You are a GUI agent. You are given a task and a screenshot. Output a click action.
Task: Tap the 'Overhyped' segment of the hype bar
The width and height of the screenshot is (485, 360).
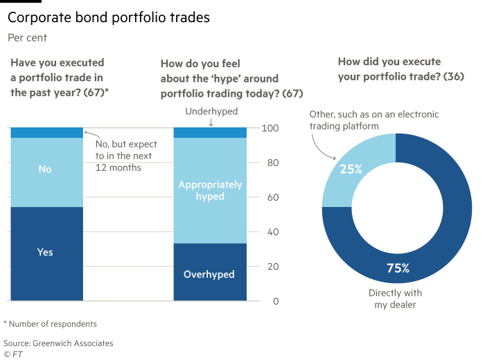209,274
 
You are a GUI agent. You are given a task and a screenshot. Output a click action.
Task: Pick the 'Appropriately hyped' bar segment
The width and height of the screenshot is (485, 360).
209,190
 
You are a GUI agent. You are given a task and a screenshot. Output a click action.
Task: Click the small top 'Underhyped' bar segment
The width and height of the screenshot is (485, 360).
209,133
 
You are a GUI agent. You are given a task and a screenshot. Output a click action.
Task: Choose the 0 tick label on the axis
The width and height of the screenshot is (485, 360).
275,302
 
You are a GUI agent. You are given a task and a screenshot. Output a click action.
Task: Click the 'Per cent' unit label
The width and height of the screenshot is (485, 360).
27,37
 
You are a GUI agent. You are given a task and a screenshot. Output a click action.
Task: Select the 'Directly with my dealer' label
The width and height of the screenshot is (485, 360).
395,298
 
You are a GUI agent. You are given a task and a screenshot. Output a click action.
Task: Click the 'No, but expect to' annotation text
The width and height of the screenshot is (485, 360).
125,145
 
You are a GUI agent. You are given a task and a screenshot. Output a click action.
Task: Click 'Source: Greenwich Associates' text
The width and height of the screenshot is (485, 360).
58,343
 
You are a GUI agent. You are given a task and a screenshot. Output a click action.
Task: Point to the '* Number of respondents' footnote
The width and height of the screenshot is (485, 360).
50,323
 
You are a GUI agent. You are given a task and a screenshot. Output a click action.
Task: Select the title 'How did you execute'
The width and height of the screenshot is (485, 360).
389,62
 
